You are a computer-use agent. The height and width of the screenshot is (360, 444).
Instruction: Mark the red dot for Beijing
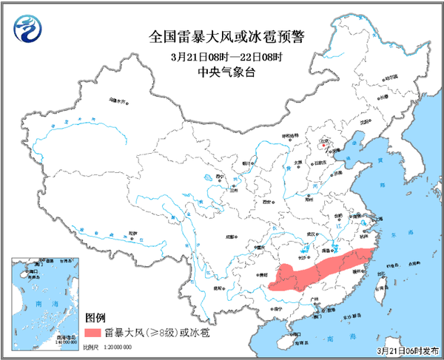(323, 144)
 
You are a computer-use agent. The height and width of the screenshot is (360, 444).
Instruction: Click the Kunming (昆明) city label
(218, 288)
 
